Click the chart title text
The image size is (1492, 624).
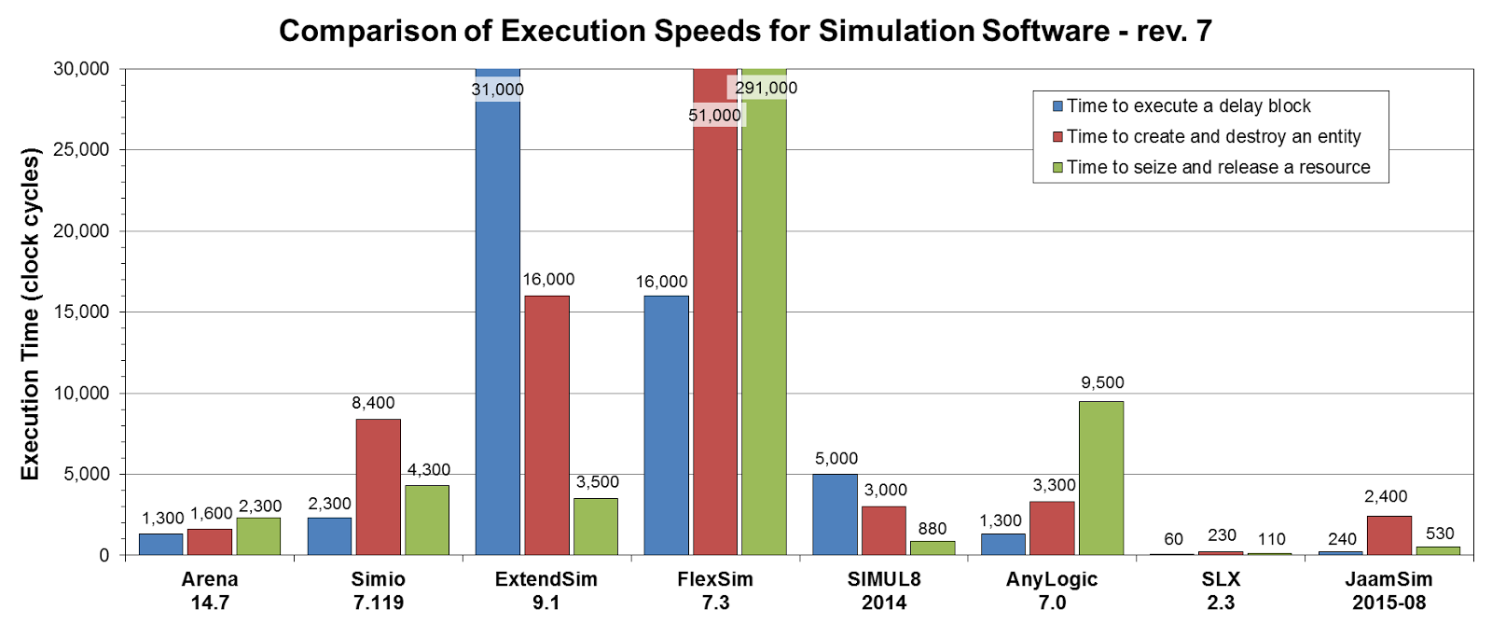745,31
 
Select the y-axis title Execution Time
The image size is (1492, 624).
31,313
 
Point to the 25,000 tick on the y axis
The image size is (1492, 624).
81,150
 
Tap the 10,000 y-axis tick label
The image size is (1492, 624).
81,394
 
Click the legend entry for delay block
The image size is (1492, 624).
1188,106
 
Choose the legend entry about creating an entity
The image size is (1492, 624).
1213,137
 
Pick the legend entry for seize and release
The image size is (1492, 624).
1218,168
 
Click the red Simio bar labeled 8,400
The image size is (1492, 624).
379,487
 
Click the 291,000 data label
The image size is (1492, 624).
766,89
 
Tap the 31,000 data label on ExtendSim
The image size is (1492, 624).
497,90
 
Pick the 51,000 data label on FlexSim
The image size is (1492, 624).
714,116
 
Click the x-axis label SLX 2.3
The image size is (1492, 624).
1221,590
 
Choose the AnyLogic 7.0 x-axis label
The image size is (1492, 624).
1052,590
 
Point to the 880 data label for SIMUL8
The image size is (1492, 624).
932,529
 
